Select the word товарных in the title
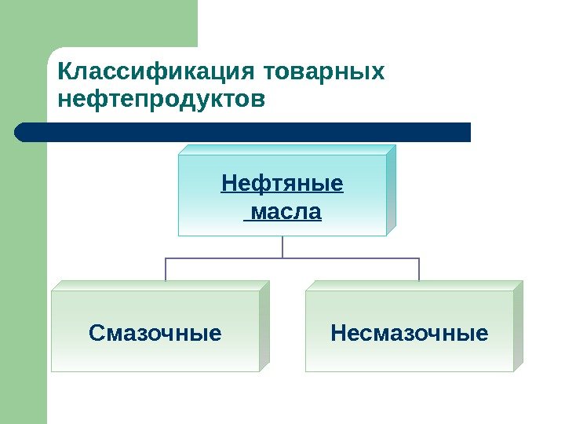[x=326, y=72]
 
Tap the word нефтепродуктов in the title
[x=162, y=101]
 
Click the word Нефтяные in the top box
[x=282, y=185]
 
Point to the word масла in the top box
[x=284, y=212]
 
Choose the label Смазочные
[x=155, y=334]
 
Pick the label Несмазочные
[x=410, y=334]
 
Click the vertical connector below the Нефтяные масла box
[x=282, y=247]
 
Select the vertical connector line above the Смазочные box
[x=166, y=269]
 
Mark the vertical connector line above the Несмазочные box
[x=419, y=269]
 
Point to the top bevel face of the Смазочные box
[x=161, y=286]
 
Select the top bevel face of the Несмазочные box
[x=414, y=286]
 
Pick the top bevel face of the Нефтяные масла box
[x=287, y=149]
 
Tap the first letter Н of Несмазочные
[x=338, y=334]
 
